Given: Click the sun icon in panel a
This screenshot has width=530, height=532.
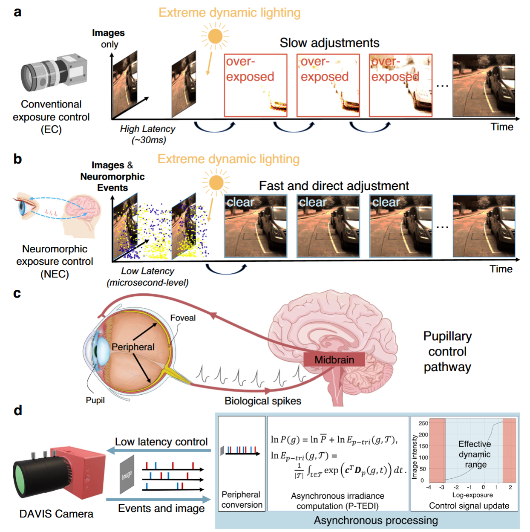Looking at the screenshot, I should point(216,36).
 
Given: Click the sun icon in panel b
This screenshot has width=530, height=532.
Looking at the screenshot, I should point(216,182).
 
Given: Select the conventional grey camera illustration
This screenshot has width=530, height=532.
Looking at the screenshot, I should point(54,73).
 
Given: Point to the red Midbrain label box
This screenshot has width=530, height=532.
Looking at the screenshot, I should point(334,360).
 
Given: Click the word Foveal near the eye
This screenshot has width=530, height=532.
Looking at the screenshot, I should point(183,318).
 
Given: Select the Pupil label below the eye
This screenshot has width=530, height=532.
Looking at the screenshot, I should point(95,400).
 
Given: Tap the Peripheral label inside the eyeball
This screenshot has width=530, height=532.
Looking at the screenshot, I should point(133,347).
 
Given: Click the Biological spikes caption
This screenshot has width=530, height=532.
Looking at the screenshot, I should point(263,401).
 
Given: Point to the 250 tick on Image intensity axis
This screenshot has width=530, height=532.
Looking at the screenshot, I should point(423,423).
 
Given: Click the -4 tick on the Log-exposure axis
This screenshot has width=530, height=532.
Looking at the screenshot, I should point(429,487).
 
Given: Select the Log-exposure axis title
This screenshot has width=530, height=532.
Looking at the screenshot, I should point(472,495).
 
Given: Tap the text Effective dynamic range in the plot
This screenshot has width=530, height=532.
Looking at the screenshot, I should point(475,454).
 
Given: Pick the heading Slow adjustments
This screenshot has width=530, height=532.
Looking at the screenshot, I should point(329,43).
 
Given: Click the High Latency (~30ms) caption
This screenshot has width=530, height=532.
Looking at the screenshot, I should point(148,134).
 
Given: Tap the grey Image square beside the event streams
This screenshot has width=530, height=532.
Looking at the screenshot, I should point(127,474).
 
